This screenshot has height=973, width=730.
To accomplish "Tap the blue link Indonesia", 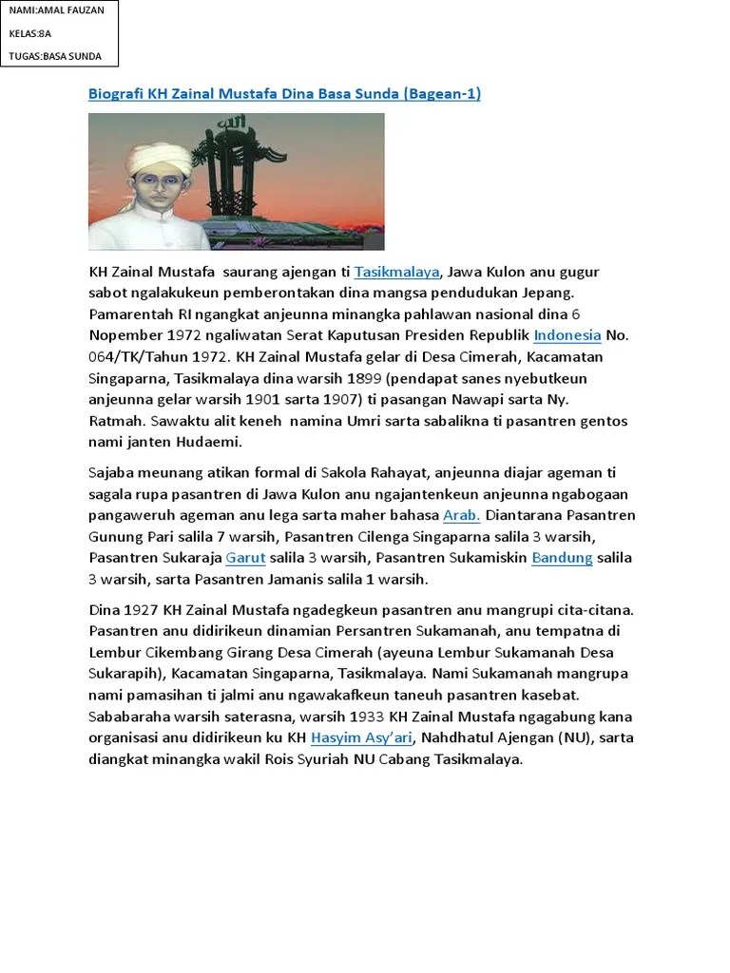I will [x=567, y=335].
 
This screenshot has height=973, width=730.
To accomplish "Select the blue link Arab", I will [x=462, y=516].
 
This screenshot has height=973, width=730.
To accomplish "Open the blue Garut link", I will [x=245, y=558].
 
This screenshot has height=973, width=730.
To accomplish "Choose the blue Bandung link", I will [x=563, y=558].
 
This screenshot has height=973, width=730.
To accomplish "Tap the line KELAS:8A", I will [x=30, y=33].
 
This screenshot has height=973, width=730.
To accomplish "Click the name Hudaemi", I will [x=211, y=441].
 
